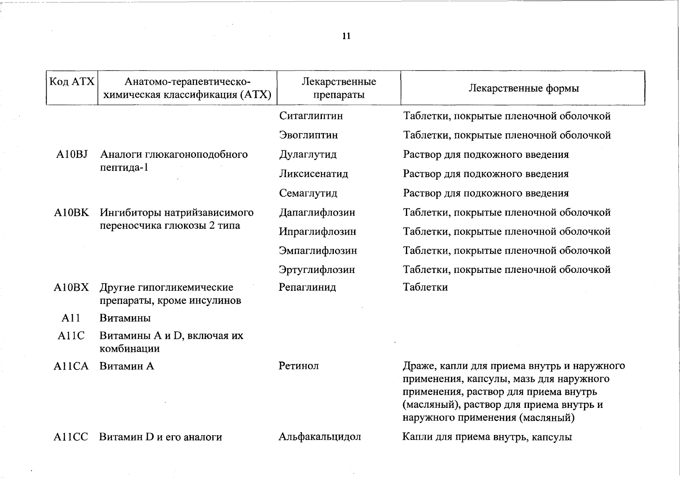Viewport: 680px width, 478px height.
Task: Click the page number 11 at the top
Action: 346,36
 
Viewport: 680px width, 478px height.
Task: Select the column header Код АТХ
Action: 72,82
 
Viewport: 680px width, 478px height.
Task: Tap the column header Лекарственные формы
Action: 523,88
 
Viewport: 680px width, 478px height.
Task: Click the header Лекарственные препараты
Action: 339,88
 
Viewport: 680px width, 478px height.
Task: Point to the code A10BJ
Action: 72,155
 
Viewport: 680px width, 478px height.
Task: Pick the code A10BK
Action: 72,213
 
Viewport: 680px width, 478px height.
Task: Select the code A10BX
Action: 71,288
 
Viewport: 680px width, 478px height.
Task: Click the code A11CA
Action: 71,366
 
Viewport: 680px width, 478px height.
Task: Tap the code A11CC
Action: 71,437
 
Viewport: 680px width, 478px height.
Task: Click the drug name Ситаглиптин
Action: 311,116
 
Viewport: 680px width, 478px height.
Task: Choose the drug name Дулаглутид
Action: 308,155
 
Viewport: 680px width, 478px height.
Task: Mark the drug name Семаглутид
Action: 308,194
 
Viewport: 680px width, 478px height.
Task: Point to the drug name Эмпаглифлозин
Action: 317,251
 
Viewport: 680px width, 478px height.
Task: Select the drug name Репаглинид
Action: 307,288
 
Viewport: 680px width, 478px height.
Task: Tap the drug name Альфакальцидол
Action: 319,437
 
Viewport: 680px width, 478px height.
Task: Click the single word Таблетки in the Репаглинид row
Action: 425,288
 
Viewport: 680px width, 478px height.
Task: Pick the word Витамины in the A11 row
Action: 125,318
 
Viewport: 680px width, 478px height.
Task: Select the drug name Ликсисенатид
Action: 313,174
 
